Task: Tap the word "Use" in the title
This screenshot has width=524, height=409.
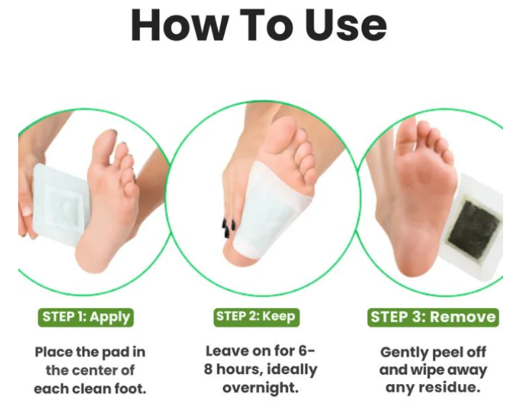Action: [346, 25]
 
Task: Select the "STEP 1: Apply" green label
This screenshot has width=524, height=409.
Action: [86, 317]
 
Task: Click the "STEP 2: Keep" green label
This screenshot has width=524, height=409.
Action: [257, 317]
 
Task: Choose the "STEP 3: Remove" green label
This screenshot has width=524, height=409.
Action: [433, 317]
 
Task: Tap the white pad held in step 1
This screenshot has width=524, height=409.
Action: [60, 205]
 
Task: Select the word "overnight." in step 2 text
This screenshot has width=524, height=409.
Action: [261, 387]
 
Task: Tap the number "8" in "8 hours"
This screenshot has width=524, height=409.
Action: [208, 369]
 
